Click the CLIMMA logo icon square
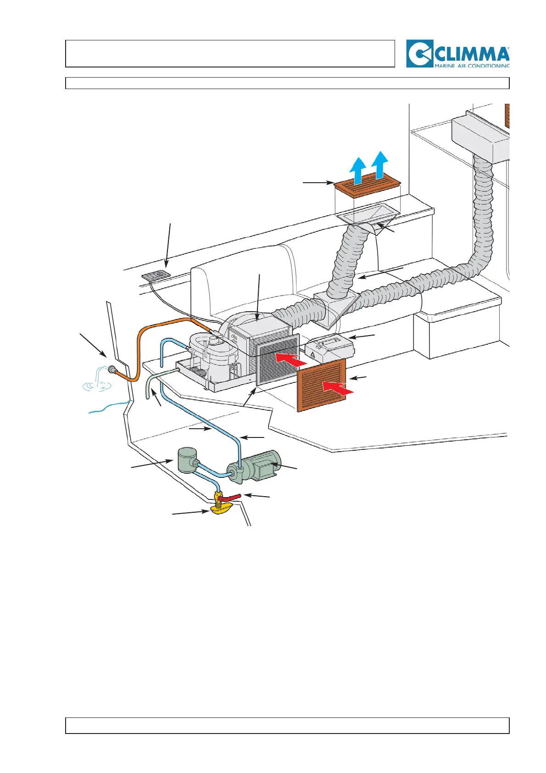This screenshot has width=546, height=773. pos(419,54)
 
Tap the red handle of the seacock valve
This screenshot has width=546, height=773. pos(232,498)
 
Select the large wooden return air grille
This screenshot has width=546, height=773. pos(322,385)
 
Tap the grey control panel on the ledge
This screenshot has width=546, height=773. pos(155,276)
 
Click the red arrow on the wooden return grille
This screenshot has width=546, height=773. pos(338,387)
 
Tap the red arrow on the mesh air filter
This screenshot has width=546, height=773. pos(291,360)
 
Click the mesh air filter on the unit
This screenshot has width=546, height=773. pos(277,358)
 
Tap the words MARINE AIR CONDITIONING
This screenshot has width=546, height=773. pos(472,66)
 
